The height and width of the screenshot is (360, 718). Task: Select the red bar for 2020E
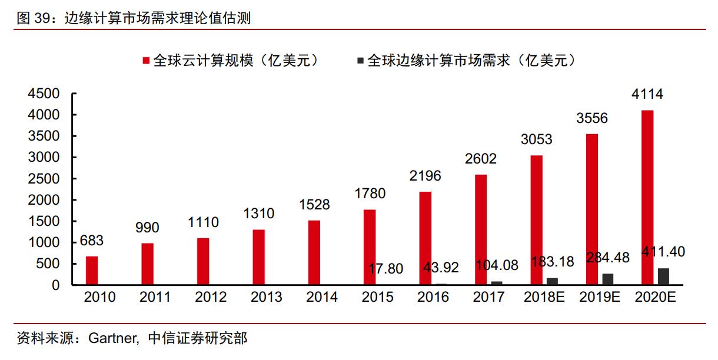(x=647, y=198)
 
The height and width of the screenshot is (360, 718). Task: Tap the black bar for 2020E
(x=663, y=276)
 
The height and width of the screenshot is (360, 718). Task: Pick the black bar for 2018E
(x=552, y=281)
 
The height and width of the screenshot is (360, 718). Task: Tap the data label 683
(x=92, y=241)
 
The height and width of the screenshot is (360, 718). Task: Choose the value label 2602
(x=480, y=158)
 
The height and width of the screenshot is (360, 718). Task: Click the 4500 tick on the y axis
(x=44, y=94)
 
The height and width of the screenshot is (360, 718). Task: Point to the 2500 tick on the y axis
(x=44, y=179)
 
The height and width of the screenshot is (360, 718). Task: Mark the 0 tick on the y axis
(x=56, y=285)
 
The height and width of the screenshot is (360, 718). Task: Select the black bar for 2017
(x=497, y=283)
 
